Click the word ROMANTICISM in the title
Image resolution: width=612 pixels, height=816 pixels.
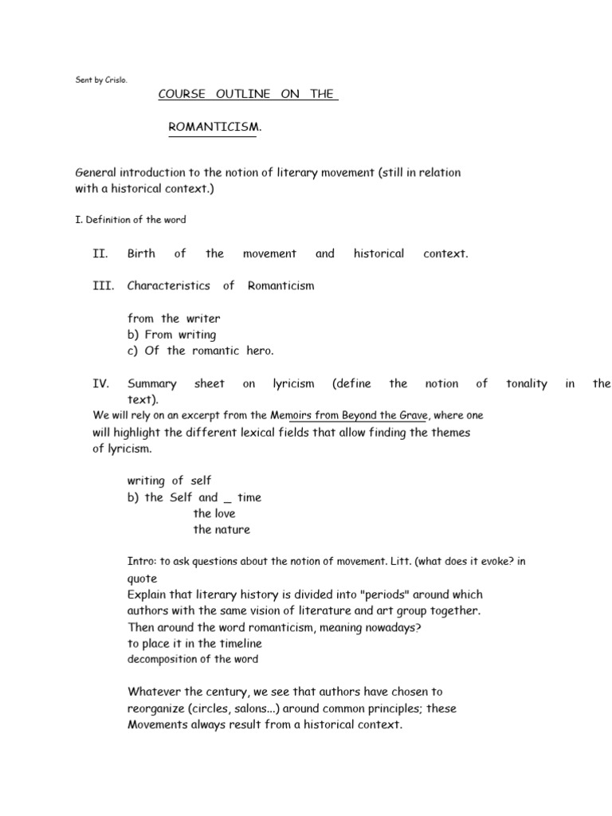click(212, 127)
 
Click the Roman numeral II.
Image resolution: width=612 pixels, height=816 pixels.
click(100, 253)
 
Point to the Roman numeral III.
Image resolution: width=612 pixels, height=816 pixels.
click(103, 285)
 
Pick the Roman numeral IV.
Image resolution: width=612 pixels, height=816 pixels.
click(100, 383)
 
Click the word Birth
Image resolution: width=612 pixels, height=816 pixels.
click(141, 253)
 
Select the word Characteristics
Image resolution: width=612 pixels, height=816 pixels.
click(168, 285)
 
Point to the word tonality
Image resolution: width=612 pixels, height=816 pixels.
click(526, 383)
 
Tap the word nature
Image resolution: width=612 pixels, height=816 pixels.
click(232, 529)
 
